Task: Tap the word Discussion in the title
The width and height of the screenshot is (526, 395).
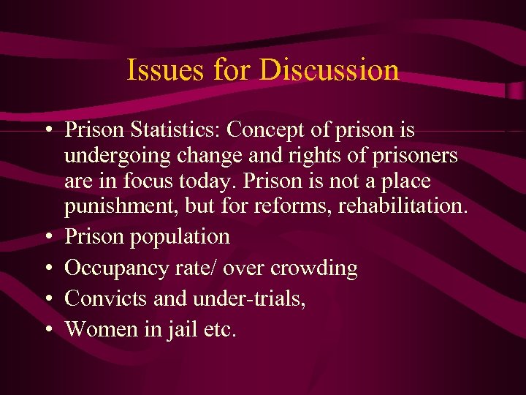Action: [x=329, y=70]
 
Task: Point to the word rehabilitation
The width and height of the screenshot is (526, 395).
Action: [x=400, y=206]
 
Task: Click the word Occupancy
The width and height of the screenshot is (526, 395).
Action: [x=110, y=268]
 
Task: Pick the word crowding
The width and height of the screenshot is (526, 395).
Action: [x=314, y=268]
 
